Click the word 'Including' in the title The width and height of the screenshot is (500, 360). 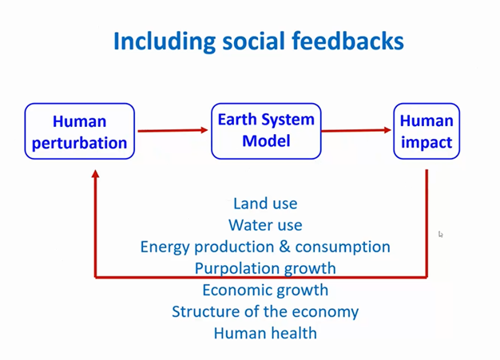165,42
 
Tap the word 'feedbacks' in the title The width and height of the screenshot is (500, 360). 348,41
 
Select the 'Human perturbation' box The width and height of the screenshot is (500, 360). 80,131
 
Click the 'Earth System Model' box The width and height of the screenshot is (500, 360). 266,131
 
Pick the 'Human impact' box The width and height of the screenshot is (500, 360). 427,131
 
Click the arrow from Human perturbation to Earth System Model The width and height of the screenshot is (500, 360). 173,130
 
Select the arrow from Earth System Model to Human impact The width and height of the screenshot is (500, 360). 356,130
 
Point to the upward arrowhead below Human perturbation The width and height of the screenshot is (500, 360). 95,174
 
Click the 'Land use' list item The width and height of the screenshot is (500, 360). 265,204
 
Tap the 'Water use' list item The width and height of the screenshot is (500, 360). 265,225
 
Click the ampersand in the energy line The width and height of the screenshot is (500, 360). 284,247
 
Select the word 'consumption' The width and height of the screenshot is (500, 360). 343,247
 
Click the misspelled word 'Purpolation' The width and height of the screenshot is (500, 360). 238,269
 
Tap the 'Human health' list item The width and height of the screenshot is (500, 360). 265,333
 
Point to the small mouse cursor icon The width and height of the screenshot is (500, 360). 441,235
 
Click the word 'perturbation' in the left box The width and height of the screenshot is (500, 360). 79,144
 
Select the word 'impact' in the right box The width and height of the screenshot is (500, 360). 427,142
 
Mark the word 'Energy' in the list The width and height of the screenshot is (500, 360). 165,247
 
